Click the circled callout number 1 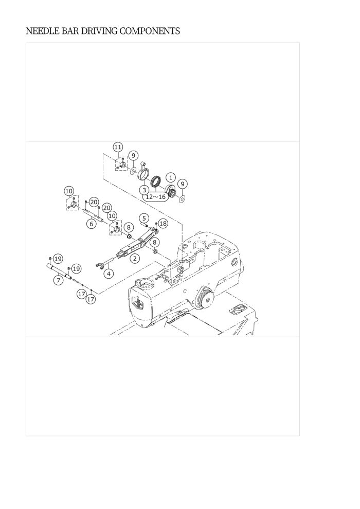(171, 177)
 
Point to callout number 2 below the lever (134, 259)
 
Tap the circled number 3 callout (144, 190)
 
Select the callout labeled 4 (109, 274)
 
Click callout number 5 (144, 218)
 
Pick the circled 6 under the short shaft (92, 224)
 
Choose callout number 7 (58, 280)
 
